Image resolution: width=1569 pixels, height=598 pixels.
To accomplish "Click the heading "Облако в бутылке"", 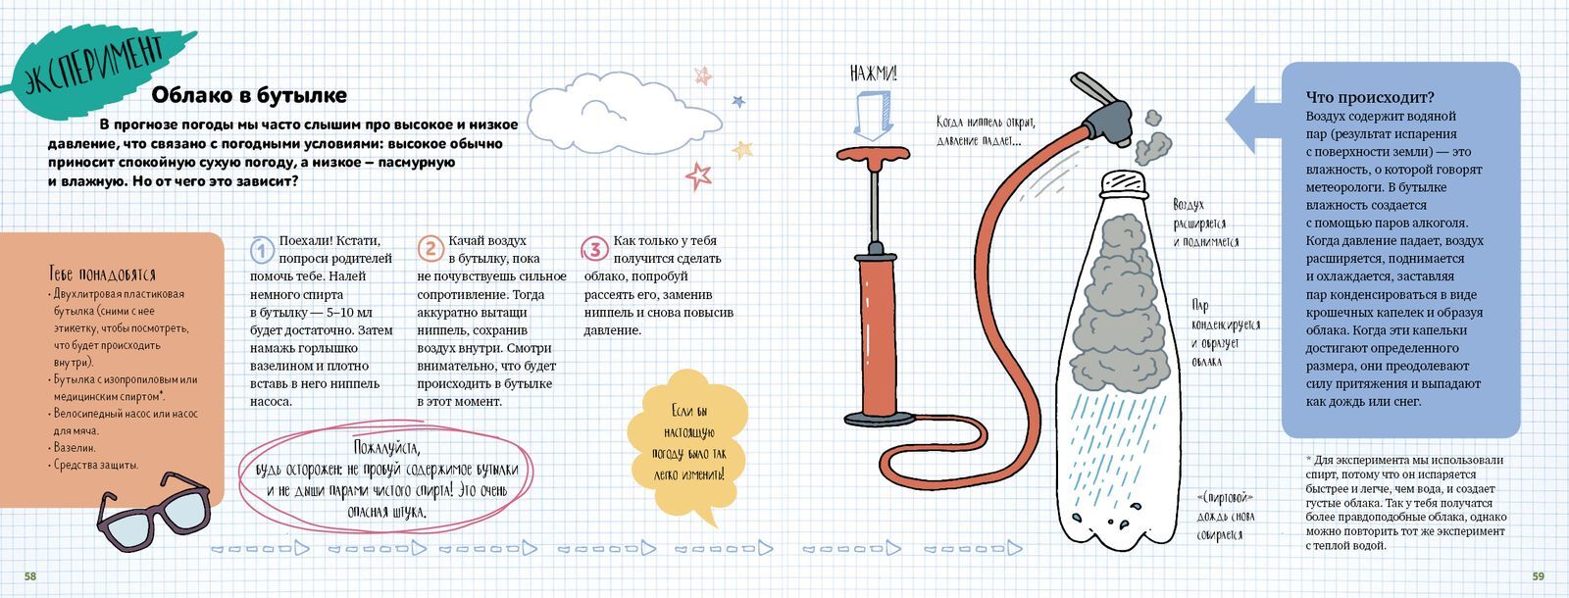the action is tap(249, 95).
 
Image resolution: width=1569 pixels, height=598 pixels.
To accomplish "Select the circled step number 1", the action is tap(262, 250).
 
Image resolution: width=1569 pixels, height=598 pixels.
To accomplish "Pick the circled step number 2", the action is tap(430, 249).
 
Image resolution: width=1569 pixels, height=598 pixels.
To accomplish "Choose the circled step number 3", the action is tap(594, 249).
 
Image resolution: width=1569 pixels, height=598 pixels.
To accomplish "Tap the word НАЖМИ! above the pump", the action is tap(873, 73).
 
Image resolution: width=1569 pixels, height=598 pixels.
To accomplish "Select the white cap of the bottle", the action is tap(1124, 183).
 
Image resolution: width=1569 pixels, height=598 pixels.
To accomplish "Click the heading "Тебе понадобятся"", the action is tap(102, 274).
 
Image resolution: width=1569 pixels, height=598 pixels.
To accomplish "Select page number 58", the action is tap(30, 576).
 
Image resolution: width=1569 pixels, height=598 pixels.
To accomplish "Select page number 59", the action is tap(1539, 576).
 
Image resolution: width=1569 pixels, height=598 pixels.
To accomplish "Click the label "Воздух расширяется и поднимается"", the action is tap(1205, 224).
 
